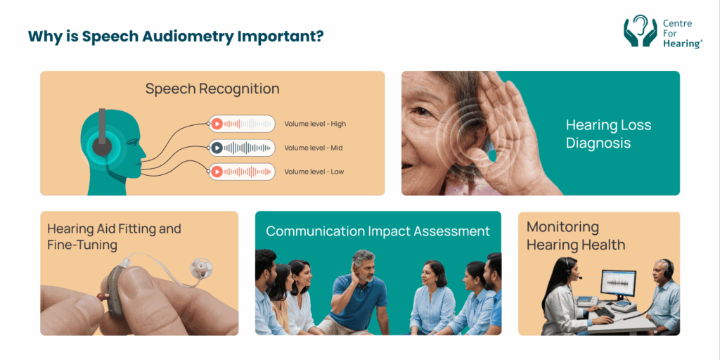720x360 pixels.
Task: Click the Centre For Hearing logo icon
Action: [x=640, y=32]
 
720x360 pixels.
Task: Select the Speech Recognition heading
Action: [x=212, y=89]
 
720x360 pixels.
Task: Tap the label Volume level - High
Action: [x=315, y=124]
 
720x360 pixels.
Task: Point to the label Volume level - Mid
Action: [x=313, y=148]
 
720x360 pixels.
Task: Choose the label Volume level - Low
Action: [x=314, y=172]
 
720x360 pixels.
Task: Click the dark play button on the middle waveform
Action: [x=218, y=148]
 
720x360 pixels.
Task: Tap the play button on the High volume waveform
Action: [x=218, y=124]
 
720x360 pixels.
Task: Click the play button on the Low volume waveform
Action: [x=218, y=172]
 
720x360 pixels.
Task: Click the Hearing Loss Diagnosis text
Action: [x=608, y=134]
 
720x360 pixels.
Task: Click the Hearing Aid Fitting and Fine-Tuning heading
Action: [x=114, y=236]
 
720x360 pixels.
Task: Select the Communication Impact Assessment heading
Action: [x=378, y=231]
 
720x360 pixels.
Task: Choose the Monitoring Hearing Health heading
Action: [x=576, y=236]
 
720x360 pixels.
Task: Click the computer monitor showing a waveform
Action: [x=618, y=283]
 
